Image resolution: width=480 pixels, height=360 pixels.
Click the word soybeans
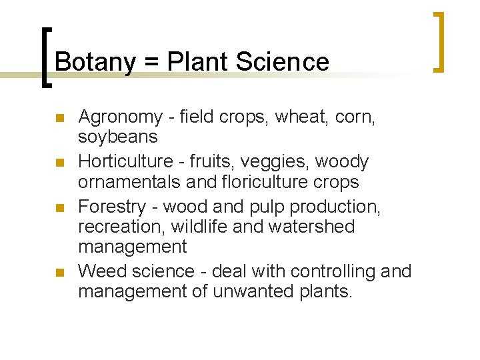(118, 137)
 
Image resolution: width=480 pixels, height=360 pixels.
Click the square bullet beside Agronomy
(59, 119)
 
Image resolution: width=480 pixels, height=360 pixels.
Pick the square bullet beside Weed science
(59, 273)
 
